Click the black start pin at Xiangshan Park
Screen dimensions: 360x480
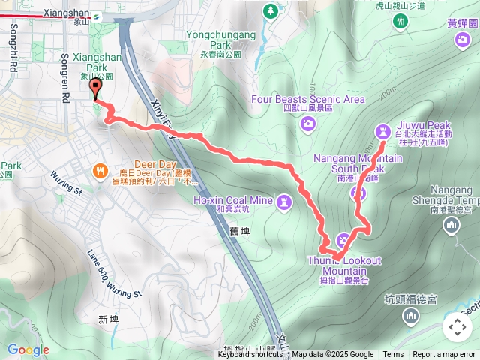[95, 88]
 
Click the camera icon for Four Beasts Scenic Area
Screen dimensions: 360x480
[308, 124]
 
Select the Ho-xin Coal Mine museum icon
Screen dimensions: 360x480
[284, 201]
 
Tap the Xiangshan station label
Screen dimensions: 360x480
[67, 13]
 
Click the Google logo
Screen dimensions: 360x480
[28, 349]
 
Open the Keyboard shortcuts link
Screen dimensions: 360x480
[250, 355]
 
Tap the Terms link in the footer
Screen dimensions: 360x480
[393, 355]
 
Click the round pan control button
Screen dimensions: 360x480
[457, 327]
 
